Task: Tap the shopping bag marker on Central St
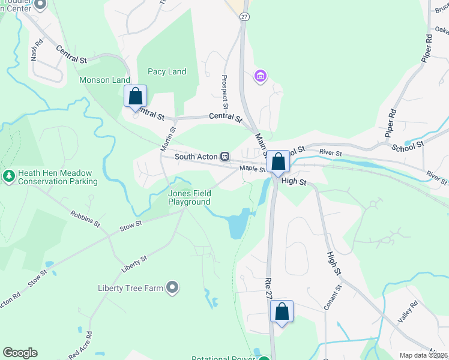tap(136, 97)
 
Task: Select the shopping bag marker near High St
tap(278, 161)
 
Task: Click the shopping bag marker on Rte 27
tap(282, 311)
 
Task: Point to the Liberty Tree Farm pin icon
tap(172, 288)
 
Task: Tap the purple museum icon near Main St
tap(260, 76)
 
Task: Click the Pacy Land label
tap(167, 72)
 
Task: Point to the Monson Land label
tap(104, 80)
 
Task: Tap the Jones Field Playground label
tap(189, 197)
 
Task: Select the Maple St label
tap(253, 169)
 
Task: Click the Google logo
tap(20, 353)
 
